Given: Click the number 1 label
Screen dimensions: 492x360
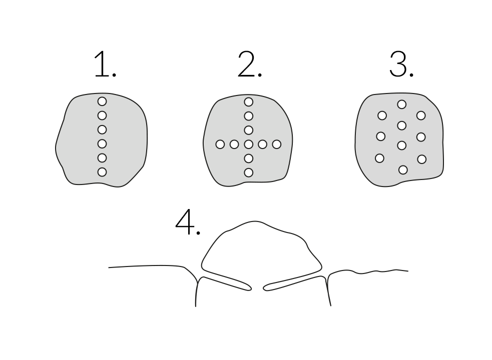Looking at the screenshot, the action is pyautogui.click(x=105, y=64).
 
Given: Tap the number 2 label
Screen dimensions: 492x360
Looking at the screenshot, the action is pyautogui.click(x=250, y=64).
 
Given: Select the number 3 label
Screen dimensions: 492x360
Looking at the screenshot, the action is pyautogui.click(x=401, y=64).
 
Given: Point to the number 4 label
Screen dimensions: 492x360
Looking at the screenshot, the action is pyautogui.click(x=188, y=221).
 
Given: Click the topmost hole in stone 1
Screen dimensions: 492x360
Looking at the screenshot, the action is pyautogui.click(x=102, y=101).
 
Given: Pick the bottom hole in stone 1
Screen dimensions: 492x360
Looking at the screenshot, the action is pyautogui.click(x=102, y=172).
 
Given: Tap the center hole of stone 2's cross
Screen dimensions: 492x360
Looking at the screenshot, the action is pyautogui.click(x=249, y=144).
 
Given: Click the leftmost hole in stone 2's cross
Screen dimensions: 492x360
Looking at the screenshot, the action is pyautogui.click(x=220, y=144).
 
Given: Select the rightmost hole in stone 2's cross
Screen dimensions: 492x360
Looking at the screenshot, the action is pyautogui.click(x=277, y=144).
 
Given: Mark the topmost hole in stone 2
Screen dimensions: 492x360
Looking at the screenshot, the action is pyautogui.click(x=249, y=102).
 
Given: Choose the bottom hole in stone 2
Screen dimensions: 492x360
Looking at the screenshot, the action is pyautogui.click(x=249, y=172).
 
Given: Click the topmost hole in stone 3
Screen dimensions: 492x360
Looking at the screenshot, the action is pyautogui.click(x=401, y=104).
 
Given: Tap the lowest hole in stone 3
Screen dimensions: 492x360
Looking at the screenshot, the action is pyautogui.click(x=403, y=170).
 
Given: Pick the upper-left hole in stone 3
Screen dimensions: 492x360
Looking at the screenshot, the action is pyautogui.click(x=382, y=115).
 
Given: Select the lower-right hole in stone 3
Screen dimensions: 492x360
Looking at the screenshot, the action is pyautogui.click(x=422, y=159).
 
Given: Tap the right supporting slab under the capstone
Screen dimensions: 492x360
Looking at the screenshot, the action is pyautogui.click(x=295, y=282).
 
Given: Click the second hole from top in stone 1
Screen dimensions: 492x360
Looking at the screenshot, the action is pyautogui.click(x=102, y=115).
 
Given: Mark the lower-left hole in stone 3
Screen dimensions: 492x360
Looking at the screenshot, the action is pyautogui.click(x=380, y=158).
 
